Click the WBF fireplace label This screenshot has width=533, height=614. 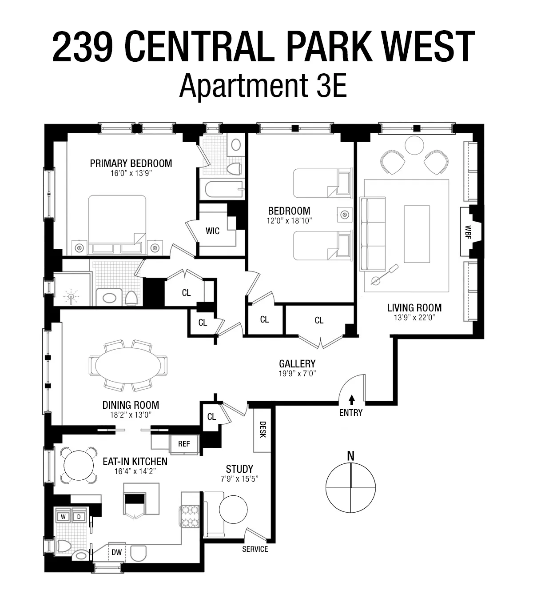[468, 231]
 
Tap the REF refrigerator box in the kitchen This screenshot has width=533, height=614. [184, 443]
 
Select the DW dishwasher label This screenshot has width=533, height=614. [116, 552]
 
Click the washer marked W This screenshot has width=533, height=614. [63, 517]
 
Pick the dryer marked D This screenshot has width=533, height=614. [79, 517]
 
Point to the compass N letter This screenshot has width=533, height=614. [351, 456]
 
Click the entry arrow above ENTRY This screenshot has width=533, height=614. [352, 399]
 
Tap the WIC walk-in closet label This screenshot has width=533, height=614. [212, 231]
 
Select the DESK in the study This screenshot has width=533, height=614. [262, 430]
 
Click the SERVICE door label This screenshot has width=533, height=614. [255, 549]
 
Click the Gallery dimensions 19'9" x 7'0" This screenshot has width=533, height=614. [297, 374]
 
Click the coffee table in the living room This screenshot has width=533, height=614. [417, 234]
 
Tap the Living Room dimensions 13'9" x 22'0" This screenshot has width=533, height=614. [414, 318]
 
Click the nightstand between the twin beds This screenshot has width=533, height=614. [344, 215]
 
